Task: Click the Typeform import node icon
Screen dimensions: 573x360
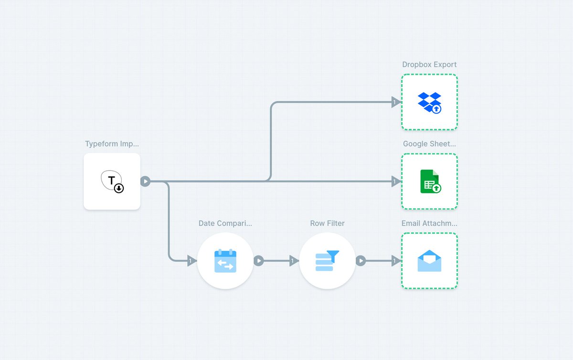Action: pos(112,181)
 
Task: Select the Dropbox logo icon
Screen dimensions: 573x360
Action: pos(429,103)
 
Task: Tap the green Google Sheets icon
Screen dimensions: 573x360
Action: pos(430,181)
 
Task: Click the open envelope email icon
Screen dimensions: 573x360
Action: pos(429,261)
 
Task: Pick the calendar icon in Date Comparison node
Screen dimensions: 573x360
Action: pos(225,261)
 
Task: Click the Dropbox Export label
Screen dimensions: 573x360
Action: pos(429,64)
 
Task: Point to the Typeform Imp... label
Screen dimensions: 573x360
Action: pos(112,144)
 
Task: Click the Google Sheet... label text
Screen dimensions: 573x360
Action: pos(429,144)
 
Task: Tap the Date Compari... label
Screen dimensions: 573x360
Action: pos(225,223)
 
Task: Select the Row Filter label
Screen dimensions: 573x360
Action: pos(327,223)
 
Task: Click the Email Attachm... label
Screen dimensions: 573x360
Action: pos(429,223)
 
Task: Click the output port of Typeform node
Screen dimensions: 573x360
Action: pos(145,181)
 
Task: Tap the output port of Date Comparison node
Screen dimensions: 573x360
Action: pos(259,261)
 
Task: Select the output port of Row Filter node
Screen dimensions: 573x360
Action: pos(361,261)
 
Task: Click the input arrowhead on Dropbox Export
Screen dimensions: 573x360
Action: pos(396,102)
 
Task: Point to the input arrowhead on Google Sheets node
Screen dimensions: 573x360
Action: pos(396,181)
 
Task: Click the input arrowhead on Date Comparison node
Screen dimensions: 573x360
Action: pos(191,261)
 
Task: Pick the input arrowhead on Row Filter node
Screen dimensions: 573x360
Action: pos(294,261)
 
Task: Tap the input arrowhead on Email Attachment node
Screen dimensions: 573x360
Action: pos(396,261)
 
